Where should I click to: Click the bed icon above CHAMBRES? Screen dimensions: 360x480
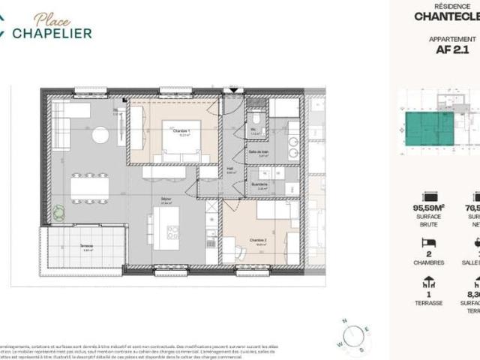point(430,242)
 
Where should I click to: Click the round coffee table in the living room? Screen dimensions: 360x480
point(100,135)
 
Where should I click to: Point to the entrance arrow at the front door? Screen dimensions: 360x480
point(235,91)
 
